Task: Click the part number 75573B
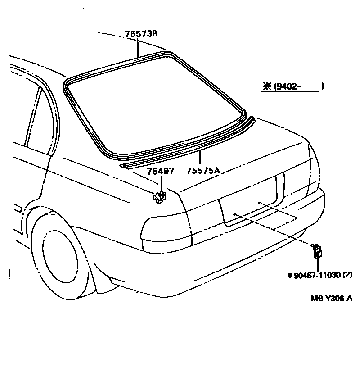(139, 34)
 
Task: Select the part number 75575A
(202, 170)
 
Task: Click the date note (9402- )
(299, 86)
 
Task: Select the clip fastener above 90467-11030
(317, 250)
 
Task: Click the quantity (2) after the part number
(347, 274)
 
